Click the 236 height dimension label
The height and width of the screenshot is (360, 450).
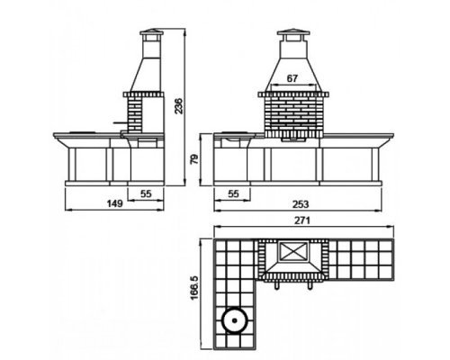click(x=178, y=105)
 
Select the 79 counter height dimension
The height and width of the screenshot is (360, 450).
click(x=194, y=159)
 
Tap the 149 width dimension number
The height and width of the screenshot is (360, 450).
click(x=115, y=203)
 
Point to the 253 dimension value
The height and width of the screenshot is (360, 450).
click(x=301, y=204)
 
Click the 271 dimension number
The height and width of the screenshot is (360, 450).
click(x=301, y=220)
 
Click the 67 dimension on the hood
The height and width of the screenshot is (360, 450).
click(x=292, y=78)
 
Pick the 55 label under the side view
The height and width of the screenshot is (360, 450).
click(x=146, y=194)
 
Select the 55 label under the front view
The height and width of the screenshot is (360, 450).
click(x=233, y=194)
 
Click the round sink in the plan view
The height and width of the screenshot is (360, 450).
click(x=235, y=320)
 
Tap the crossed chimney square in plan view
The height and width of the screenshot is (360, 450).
click(x=294, y=251)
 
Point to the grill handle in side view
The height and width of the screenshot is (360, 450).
click(x=121, y=122)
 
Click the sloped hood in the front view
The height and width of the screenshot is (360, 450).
click(x=293, y=74)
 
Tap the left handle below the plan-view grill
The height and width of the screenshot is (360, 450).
click(x=277, y=285)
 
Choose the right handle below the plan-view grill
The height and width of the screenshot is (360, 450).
click(x=310, y=285)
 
